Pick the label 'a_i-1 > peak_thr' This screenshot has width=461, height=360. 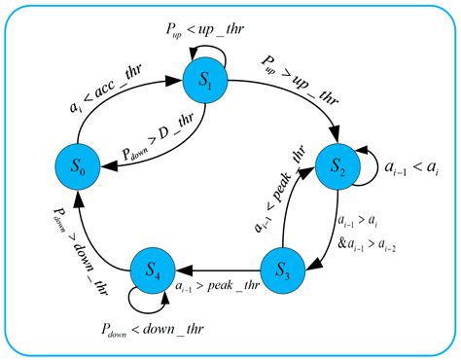(x=219, y=285)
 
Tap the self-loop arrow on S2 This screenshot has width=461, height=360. (x=372, y=169)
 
